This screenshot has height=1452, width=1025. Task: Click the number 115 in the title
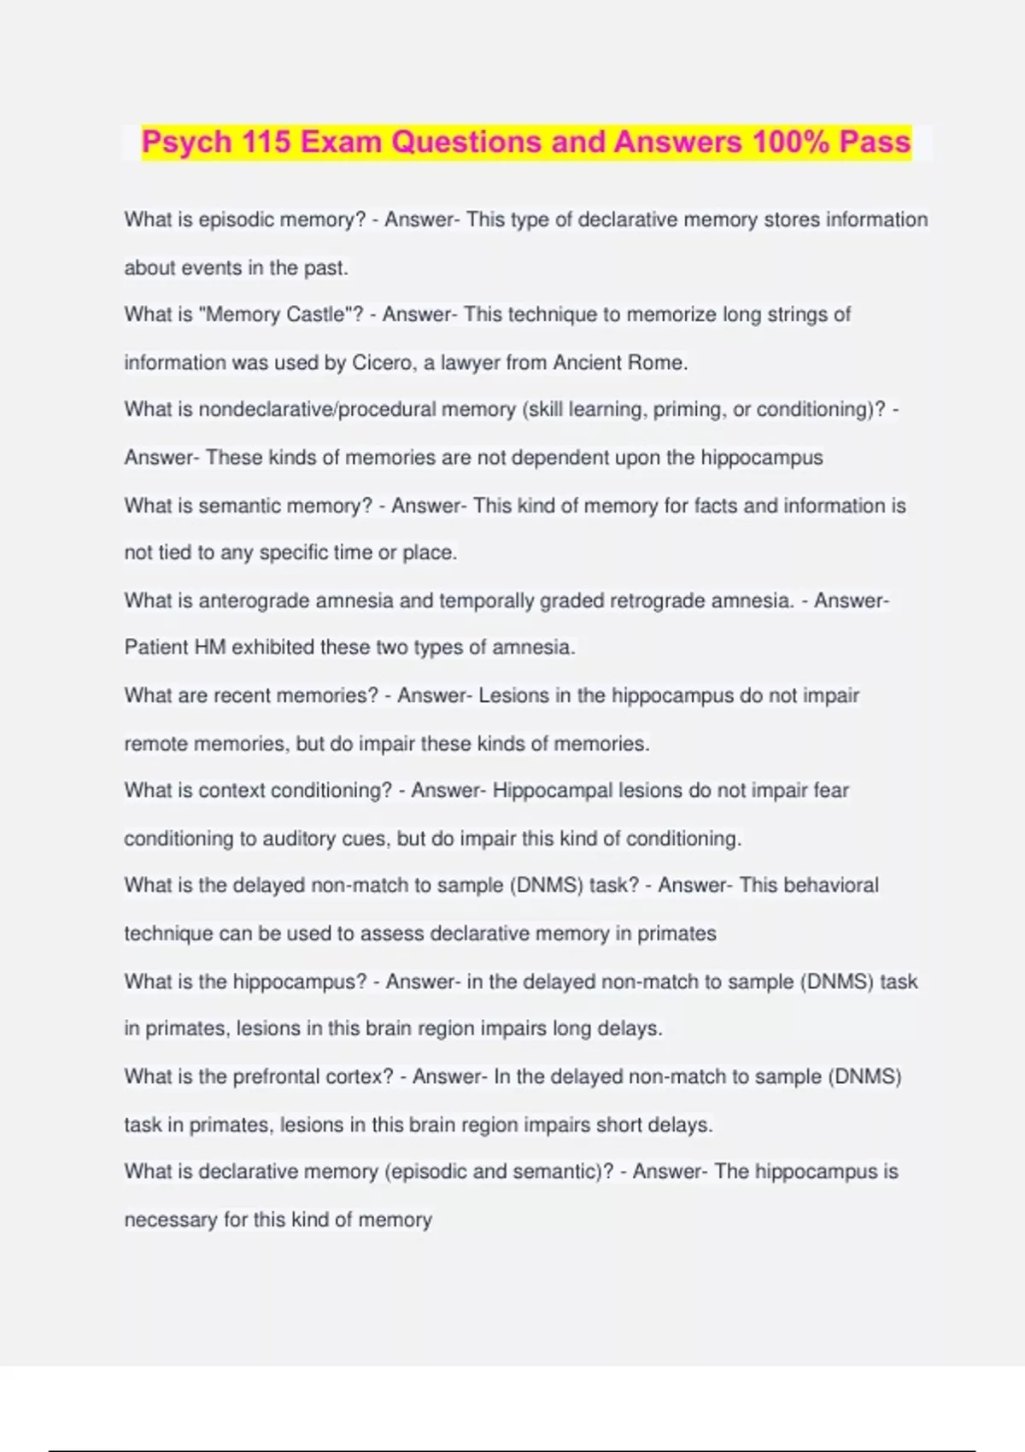pyautogui.click(x=266, y=142)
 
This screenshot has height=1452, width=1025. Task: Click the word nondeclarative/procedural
pyautogui.click(x=317, y=410)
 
